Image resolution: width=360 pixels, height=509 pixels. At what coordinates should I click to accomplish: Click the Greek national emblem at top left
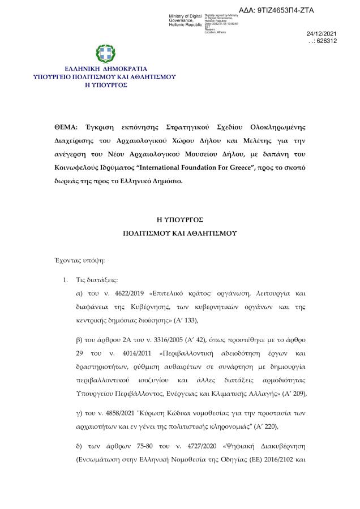click(105, 54)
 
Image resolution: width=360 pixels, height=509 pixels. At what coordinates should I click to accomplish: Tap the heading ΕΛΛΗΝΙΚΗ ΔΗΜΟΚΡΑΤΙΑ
click(105, 68)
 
